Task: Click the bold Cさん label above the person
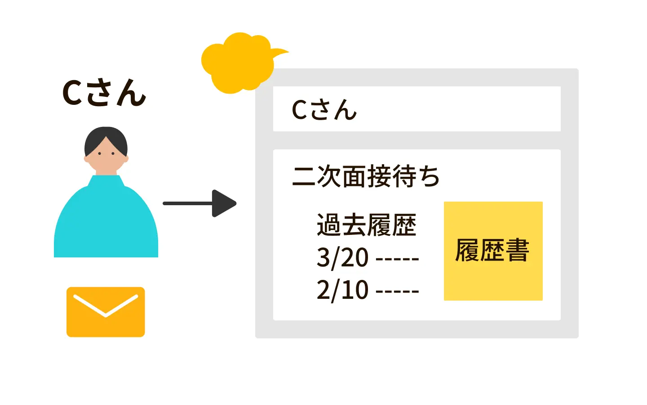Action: coord(104,94)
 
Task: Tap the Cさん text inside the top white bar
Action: coord(324,110)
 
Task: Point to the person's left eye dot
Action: coord(100,154)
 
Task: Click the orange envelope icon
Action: coord(106,312)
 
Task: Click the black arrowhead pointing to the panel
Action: coord(223,203)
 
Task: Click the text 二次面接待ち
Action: coord(366,176)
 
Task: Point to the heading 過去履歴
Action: coord(366,225)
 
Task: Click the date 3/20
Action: coord(342,257)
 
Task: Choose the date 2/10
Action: coord(342,290)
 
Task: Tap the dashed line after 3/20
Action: coord(397,259)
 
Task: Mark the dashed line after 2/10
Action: coord(397,292)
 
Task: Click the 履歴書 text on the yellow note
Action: coord(492,250)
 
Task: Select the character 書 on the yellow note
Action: coord(518,250)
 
